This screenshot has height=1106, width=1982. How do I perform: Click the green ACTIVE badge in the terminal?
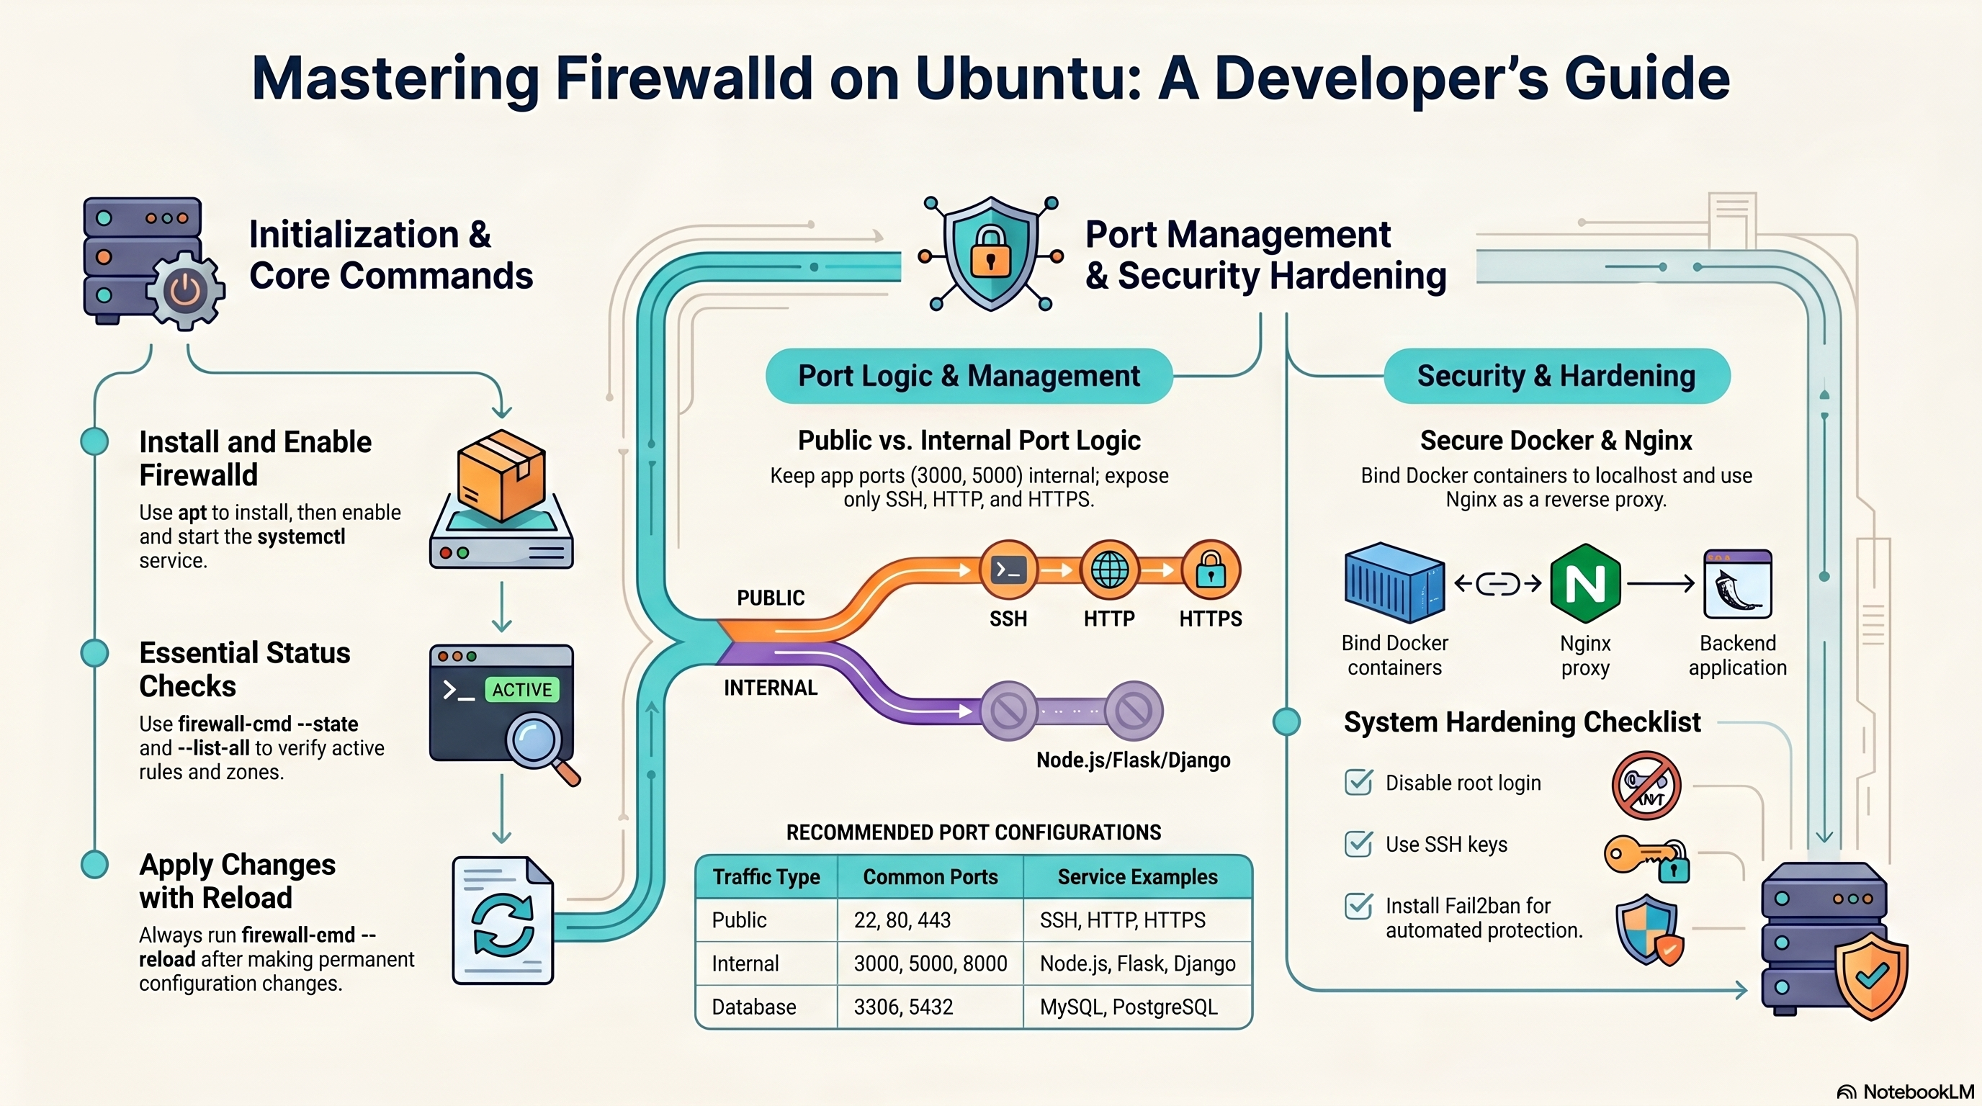click(521, 689)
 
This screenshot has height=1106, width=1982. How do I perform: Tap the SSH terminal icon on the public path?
click(1008, 570)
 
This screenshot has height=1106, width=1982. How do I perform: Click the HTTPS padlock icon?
click(1210, 570)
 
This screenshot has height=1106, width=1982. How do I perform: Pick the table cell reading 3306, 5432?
click(903, 1007)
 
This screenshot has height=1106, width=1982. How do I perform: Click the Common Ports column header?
click(930, 877)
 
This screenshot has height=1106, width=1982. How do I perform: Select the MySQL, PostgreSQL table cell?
click(1128, 1007)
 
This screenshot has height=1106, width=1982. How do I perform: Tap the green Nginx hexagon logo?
click(1585, 583)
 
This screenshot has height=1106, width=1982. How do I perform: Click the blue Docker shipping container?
click(1394, 583)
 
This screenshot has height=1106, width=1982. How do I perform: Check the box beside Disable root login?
click(1358, 782)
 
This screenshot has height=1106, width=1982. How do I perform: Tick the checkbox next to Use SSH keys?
click(1358, 844)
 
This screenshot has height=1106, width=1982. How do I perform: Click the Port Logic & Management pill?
click(968, 376)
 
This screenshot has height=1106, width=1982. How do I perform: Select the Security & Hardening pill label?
click(1556, 376)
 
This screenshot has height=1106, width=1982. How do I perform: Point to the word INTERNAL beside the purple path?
click(770, 688)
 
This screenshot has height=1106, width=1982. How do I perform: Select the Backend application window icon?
click(1737, 584)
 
